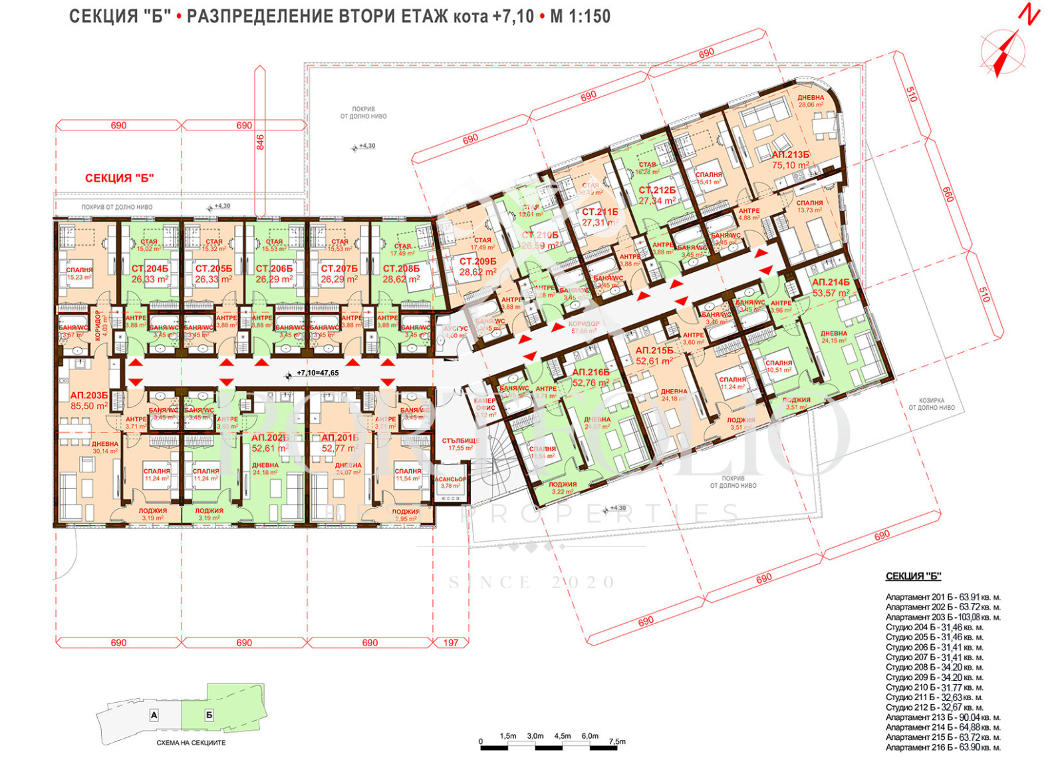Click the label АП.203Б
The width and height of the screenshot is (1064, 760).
coord(88,395)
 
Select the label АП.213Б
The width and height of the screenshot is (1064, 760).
coord(791,155)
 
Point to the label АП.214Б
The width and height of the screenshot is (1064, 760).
coord(831,283)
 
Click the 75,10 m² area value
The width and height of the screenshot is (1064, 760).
coord(791,166)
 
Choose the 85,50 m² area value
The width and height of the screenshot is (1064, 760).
coord(88,406)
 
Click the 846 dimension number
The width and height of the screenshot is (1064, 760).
coord(260,142)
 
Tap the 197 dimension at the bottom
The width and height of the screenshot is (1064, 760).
coord(451,643)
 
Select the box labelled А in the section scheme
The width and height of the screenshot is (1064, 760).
coord(154,715)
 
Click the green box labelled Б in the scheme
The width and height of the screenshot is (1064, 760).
coord(209,715)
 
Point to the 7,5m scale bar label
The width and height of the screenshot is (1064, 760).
coord(616,741)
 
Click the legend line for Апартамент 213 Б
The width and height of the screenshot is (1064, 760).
coord(942,717)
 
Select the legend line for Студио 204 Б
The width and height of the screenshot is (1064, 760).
coord(934,627)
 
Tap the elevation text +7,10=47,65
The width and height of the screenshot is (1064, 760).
coord(317,373)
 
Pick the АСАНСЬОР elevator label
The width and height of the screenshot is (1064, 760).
coord(450,479)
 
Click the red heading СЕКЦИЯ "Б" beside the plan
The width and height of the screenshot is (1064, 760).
coord(120,178)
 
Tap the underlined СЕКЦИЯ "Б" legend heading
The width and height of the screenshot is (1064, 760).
coord(913,577)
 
